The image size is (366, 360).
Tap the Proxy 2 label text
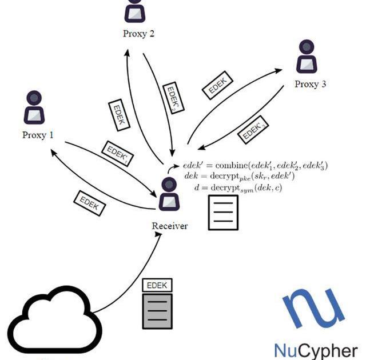tap(139, 34)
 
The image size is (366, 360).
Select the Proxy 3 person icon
tap(307, 56)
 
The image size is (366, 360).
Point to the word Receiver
tap(170, 226)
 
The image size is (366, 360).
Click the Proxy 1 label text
tap(38, 135)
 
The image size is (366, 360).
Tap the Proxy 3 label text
tap(311, 85)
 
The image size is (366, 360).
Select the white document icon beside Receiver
tap(222, 212)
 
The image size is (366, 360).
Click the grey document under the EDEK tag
tap(157, 310)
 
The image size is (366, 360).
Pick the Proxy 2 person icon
tap(136, 9)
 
